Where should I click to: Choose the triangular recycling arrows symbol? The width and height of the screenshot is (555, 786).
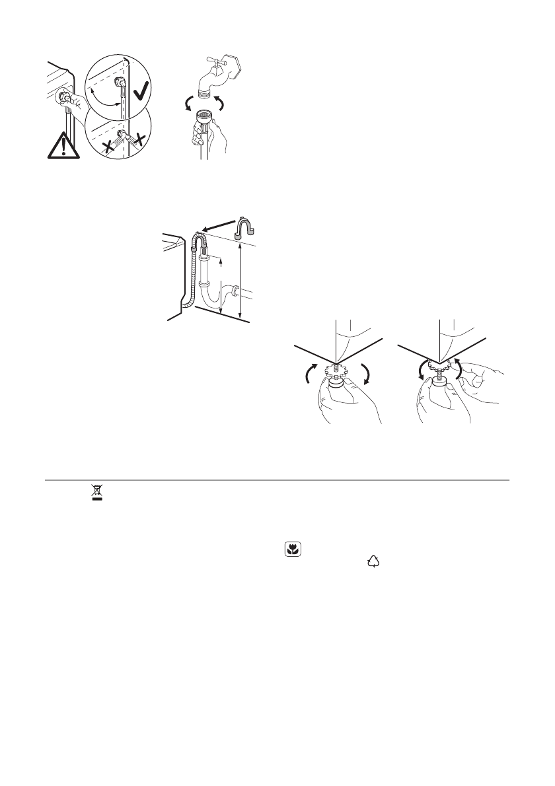pyautogui.click(x=374, y=561)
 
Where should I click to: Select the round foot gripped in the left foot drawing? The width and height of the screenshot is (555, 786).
pyautogui.click(x=338, y=382)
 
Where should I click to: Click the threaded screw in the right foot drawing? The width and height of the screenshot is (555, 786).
pyautogui.click(x=437, y=375)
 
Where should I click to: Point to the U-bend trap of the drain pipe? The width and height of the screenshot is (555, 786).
pyautogui.click(x=214, y=301)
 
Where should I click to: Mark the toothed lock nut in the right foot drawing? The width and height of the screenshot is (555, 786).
pyautogui.click(x=437, y=363)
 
